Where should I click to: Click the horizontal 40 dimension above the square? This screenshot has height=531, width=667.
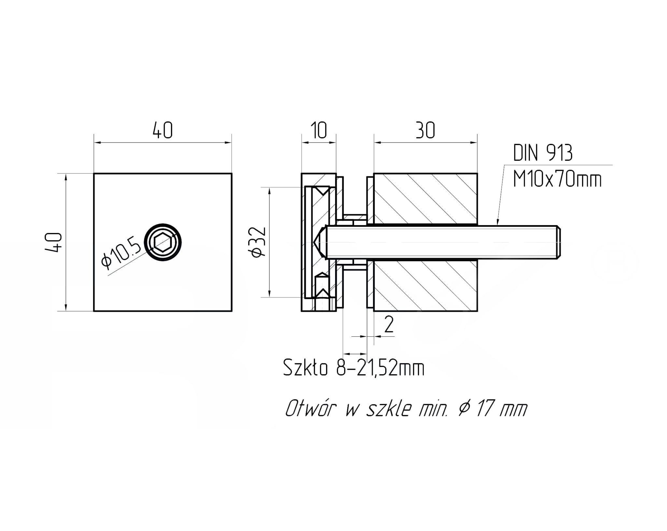pyautogui.click(x=163, y=130)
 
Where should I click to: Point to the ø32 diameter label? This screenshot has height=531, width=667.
pyautogui.click(x=259, y=242)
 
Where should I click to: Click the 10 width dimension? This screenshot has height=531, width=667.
pyautogui.click(x=319, y=130)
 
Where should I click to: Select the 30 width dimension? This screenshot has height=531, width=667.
pyautogui.click(x=425, y=130)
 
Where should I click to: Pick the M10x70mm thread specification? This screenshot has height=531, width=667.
pyautogui.click(x=557, y=179)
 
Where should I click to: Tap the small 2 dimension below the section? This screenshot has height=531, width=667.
pyautogui.click(x=389, y=324)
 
